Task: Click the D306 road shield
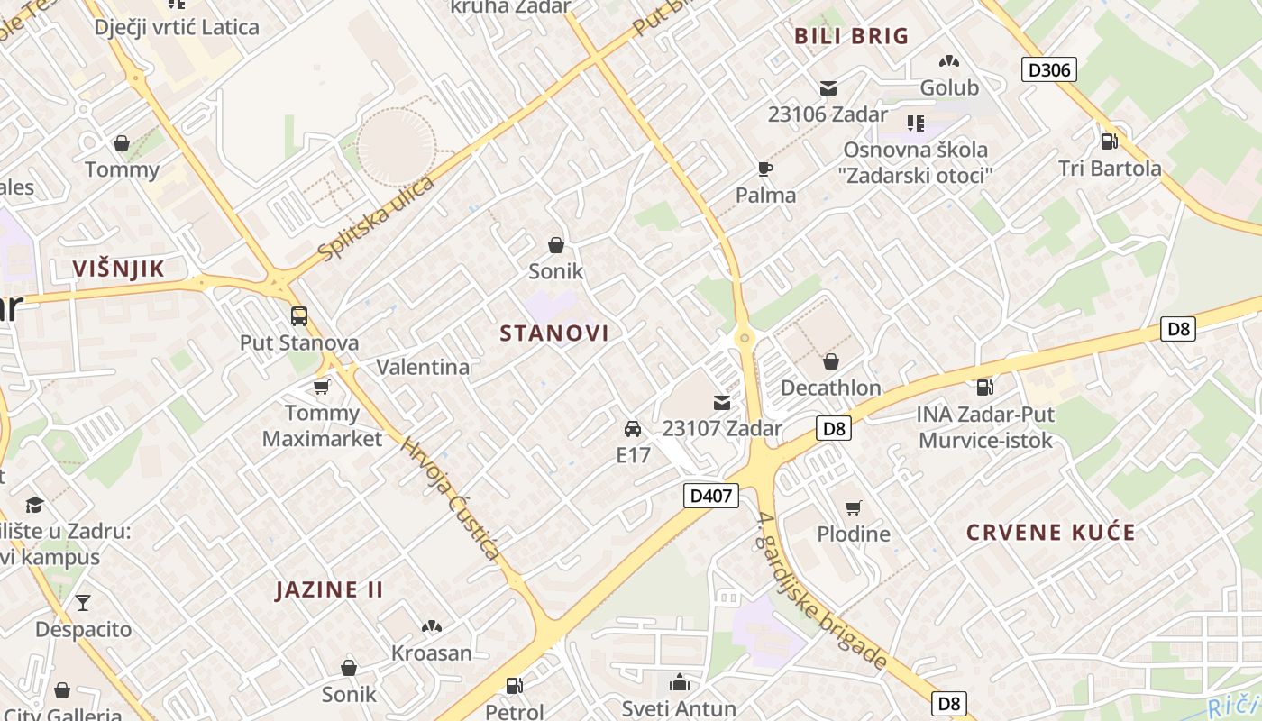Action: [x=1049, y=69]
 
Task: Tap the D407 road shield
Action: [x=711, y=495]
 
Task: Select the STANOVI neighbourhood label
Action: [x=554, y=333]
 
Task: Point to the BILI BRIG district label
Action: [x=851, y=36]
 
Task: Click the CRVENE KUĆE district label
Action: [x=1050, y=532]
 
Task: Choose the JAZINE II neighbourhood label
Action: [x=329, y=590]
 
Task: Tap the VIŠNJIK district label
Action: [x=119, y=269]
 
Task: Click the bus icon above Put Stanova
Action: [x=299, y=316]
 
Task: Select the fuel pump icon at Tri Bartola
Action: [x=1109, y=141]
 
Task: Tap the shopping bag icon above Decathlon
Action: [x=830, y=361]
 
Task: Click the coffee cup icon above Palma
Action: [x=764, y=169]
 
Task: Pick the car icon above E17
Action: [x=633, y=429]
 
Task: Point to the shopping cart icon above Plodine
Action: [x=853, y=507]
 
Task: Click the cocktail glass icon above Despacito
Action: [x=83, y=603]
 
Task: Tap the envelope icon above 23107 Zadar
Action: [x=722, y=402]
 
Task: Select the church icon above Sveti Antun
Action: [x=680, y=683]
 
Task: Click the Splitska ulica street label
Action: [x=377, y=217]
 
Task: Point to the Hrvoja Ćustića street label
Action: [x=450, y=498]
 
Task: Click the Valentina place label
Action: [x=423, y=367]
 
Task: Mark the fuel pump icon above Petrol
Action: [x=514, y=686]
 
